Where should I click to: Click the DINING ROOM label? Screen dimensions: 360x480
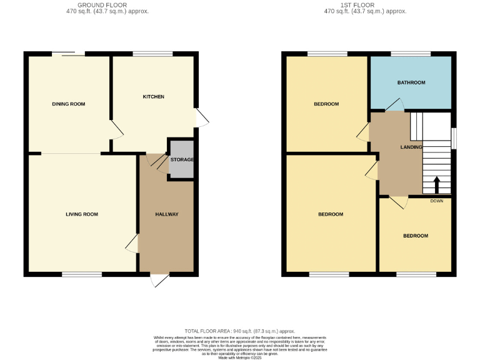(x=68, y=104)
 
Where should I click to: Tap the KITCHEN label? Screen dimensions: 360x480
(x=154, y=97)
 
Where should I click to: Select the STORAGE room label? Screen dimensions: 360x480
(x=182, y=160)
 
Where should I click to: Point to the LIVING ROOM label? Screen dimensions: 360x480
(x=82, y=214)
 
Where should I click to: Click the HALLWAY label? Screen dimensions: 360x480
(x=167, y=214)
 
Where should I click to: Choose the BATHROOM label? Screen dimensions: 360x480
(x=411, y=82)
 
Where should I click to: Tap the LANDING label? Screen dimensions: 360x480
(x=411, y=147)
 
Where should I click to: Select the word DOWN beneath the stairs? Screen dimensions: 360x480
(x=436, y=201)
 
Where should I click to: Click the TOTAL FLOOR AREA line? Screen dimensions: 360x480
(x=240, y=331)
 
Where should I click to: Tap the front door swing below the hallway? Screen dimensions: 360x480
(x=159, y=281)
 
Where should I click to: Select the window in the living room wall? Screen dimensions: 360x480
(x=82, y=274)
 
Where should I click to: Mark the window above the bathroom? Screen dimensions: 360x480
(x=411, y=54)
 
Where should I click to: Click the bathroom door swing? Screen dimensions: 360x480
(x=395, y=105)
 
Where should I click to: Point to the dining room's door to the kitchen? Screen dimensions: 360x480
(x=117, y=129)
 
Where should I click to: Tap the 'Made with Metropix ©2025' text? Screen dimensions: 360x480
(x=240, y=357)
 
